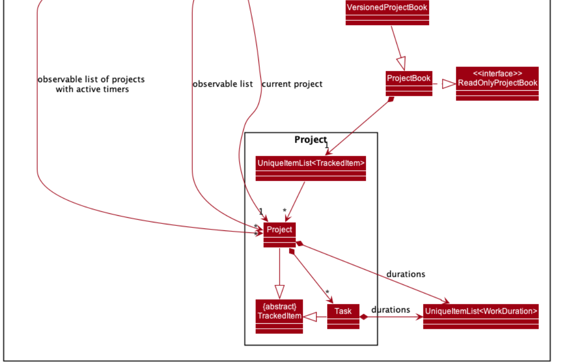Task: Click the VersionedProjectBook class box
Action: click(387, 13)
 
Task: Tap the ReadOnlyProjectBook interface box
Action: click(497, 84)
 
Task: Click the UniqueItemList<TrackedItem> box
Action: click(311, 168)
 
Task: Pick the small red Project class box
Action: click(279, 234)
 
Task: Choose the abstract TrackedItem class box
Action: click(279, 316)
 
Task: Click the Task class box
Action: click(343, 316)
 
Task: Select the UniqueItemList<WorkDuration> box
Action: click(481, 316)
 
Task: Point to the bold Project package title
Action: click(310, 140)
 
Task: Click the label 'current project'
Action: click(292, 84)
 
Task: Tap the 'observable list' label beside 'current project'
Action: click(223, 84)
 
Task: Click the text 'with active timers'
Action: click(92, 89)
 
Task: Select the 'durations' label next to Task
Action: click(390, 310)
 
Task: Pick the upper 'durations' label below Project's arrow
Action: click(405, 274)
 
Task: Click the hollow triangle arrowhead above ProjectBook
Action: click(401, 64)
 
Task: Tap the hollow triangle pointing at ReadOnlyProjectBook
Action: click(448, 84)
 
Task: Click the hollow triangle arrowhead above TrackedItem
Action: click(279, 292)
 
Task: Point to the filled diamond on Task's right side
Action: click(364, 317)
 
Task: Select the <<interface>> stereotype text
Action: click(497, 74)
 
